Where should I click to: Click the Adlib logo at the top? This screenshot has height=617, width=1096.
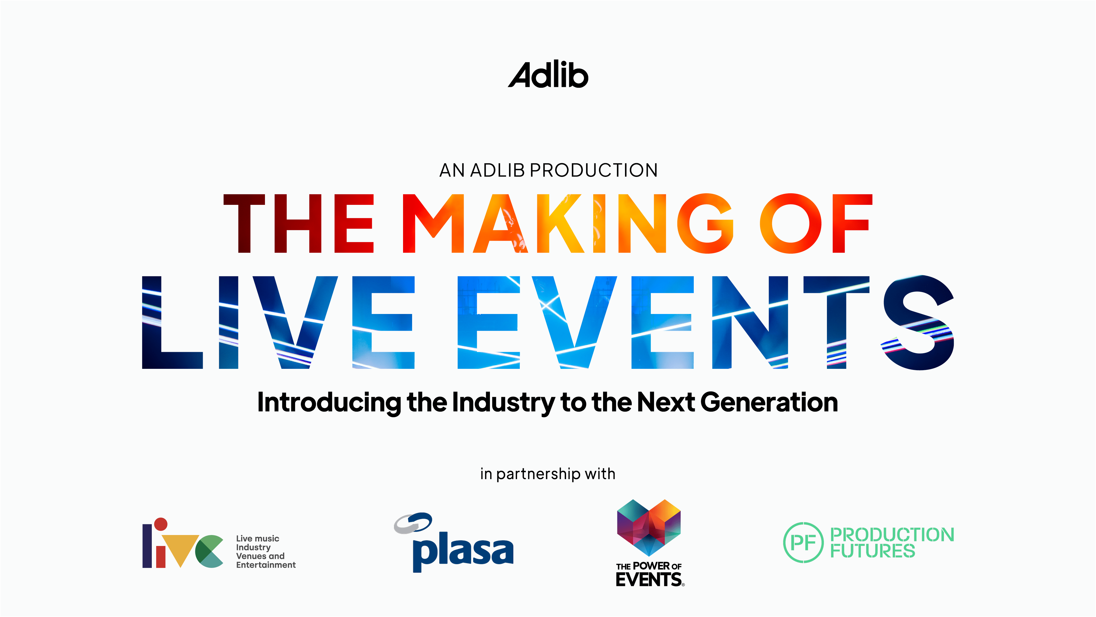(x=548, y=75)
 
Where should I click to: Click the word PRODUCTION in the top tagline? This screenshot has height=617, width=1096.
(x=594, y=170)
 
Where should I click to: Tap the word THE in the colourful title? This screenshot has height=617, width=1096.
(x=299, y=223)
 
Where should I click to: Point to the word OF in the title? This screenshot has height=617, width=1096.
(x=816, y=223)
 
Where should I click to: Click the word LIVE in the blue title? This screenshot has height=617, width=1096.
(x=278, y=322)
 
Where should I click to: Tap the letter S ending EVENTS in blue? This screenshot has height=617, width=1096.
(x=919, y=322)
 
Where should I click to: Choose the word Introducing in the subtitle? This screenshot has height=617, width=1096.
(x=329, y=402)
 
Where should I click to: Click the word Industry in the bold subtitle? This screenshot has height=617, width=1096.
(x=503, y=402)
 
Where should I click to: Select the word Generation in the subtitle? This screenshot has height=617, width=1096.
(x=769, y=402)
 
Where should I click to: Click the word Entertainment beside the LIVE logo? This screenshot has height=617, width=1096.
(x=266, y=565)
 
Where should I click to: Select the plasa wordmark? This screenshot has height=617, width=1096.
(x=463, y=552)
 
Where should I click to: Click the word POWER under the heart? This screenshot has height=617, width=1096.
(x=651, y=566)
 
